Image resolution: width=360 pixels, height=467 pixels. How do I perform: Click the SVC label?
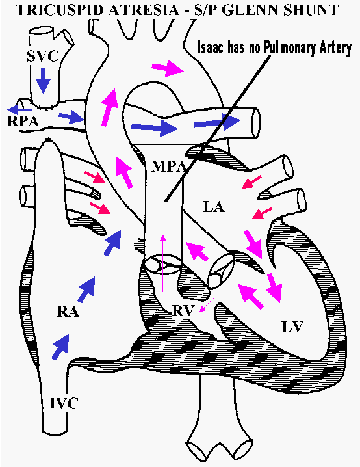(43, 57)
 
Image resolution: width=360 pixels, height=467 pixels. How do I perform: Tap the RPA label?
(23, 121)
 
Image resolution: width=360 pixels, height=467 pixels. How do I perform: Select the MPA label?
(169, 166)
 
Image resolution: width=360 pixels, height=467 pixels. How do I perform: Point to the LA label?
(214, 207)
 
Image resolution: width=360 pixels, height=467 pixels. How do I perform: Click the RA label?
(68, 312)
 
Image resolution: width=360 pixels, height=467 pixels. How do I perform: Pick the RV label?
(183, 311)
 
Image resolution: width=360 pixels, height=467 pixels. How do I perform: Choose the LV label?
(292, 327)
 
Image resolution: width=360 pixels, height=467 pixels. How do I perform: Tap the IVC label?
(64, 403)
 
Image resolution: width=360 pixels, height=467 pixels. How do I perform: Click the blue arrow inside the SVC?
(44, 81)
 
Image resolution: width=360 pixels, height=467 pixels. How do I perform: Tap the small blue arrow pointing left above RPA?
(19, 109)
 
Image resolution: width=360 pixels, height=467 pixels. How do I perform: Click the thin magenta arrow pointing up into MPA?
(162, 263)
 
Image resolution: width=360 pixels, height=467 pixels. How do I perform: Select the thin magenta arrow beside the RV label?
(207, 304)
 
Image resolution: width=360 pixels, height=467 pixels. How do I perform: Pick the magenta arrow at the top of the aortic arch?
(168, 68)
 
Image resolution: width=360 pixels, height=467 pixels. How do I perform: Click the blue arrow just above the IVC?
(60, 347)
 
